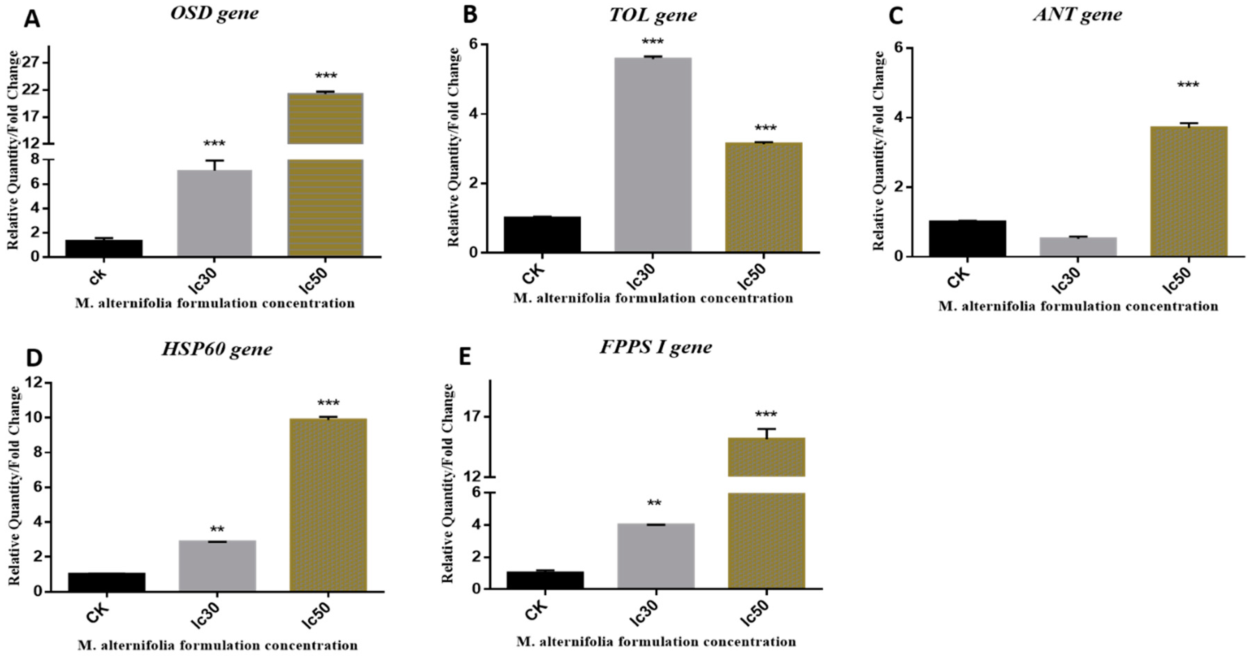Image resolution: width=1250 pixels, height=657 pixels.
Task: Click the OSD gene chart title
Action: click(x=215, y=14)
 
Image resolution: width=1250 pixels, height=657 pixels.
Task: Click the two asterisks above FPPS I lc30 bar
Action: click(x=654, y=503)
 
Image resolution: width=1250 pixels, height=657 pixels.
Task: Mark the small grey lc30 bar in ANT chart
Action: click(x=1078, y=247)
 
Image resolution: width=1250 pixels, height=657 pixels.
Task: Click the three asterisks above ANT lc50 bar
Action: click(x=1188, y=85)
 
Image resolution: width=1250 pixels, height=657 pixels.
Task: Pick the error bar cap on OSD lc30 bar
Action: click(x=214, y=161)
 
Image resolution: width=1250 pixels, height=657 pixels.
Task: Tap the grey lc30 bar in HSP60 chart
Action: click(x=217, y=566)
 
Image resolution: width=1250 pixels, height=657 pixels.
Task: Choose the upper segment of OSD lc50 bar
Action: click(x=325, y=118)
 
